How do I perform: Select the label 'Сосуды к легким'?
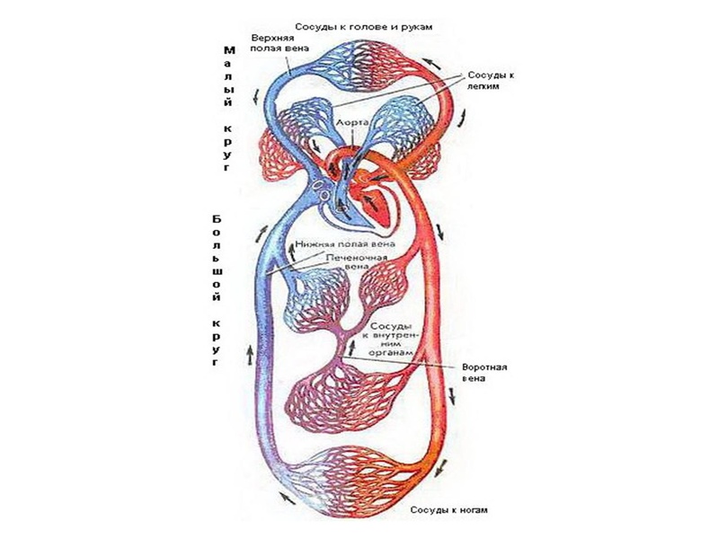490,83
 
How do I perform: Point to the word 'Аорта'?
351,119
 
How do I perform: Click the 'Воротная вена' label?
486,372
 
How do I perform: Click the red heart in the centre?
377,202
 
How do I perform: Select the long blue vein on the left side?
262,359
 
